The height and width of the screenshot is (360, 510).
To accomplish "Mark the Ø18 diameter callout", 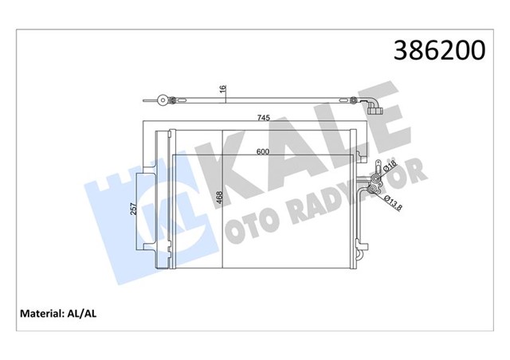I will coord(390,168).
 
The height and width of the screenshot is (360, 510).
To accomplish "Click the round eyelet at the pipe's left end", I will coord(163,100).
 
